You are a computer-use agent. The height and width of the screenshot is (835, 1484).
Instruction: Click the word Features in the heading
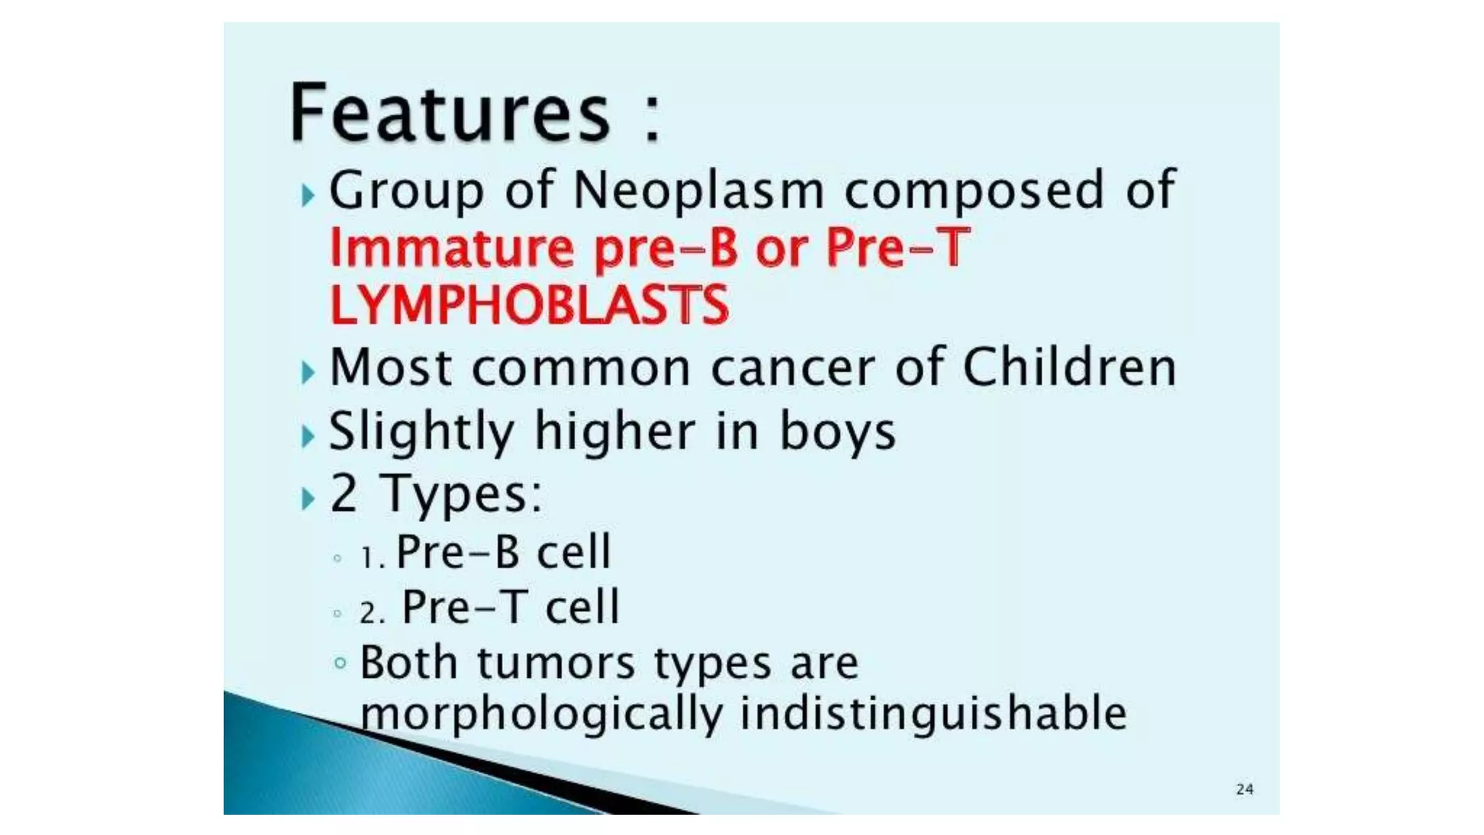[449, 113]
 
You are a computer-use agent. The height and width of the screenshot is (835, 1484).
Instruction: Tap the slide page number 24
[1244, 789]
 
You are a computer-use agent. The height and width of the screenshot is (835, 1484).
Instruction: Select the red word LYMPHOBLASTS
[529, 305]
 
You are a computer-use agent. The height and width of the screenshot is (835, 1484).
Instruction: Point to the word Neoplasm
[699, 191]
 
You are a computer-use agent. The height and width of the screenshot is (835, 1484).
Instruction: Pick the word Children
[1069, 367]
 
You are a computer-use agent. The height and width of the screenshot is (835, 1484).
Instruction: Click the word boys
[837, 432]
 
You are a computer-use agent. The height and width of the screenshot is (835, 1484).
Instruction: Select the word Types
[461, 494]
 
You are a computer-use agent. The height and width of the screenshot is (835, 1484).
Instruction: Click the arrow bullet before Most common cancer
[309, 373]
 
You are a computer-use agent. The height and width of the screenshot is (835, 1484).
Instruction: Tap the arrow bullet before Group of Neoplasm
[309, 195]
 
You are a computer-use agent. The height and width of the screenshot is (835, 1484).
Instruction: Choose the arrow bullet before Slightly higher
[309, 436]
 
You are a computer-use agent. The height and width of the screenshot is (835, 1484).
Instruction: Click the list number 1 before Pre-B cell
[370, 557]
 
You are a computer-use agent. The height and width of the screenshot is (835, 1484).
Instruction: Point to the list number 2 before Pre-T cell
[370, 613]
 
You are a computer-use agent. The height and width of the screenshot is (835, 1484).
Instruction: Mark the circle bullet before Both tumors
[340, 662]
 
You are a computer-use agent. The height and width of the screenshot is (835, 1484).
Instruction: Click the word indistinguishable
[933, 714]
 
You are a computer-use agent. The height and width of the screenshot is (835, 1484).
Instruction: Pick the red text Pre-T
[897, 248]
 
